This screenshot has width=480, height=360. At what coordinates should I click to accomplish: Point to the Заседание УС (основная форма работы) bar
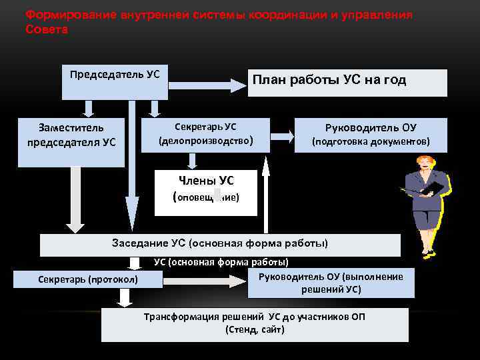coord(220,244)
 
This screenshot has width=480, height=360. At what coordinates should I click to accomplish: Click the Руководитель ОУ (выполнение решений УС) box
coord(331,283)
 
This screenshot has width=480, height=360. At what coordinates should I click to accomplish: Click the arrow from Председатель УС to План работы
coord(207,85)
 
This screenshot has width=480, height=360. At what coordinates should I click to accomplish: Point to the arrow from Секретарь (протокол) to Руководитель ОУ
coord(204,281)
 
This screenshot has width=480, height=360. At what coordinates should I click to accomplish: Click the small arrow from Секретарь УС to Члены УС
coord(193,160)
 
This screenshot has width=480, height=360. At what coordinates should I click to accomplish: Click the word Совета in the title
coord(46,30)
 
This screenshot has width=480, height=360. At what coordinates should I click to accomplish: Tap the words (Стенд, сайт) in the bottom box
coord(255,329)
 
